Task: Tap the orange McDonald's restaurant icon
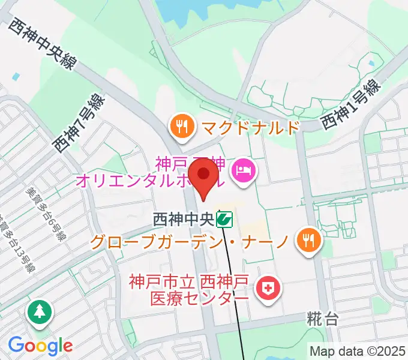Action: click(x=181, y=126)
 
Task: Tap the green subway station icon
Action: click(x=225, y=220)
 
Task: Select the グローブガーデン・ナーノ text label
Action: click(x=190, y=242)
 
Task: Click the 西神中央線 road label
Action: click(x=41, y=43)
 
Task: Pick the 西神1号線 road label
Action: click(x=351, y=104)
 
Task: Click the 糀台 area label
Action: click(x=323, y=319)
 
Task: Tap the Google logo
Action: click(x=40, y=345)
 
